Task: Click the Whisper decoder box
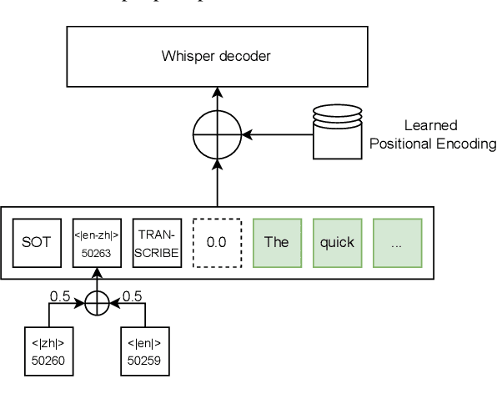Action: pos(217,58)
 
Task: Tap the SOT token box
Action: pos(37,242)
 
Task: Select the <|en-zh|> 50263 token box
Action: pos(97,242)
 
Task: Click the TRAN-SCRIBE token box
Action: pos(157,242)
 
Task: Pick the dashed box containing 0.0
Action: pos(217,242)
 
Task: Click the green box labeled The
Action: pos(276,242)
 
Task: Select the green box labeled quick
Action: pos(337,242)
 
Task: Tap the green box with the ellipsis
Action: pos(397,242)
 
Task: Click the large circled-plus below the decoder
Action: pos(217,134)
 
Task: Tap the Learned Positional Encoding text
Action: pos(431,134)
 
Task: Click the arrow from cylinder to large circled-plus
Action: pos(275,134)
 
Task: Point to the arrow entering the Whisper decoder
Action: pos(217,98)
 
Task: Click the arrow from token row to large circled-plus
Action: pos(217,182)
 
